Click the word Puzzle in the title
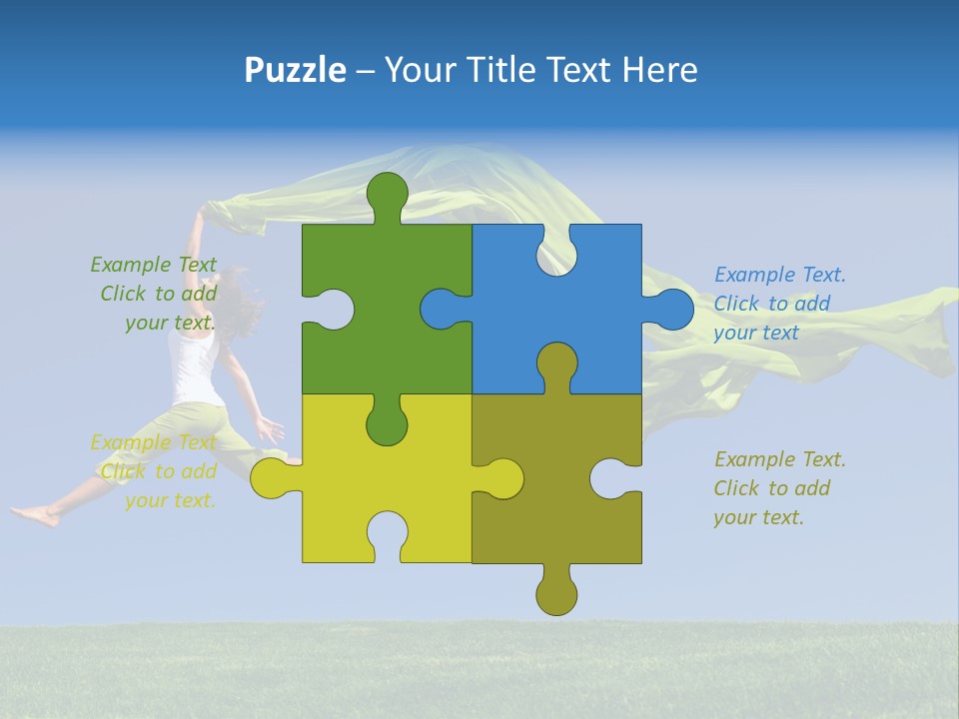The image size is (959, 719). tap(296, 70)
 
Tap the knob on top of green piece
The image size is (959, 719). tap(387, 196)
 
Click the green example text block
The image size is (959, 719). tap(155, 294)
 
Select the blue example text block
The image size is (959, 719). tap(778, 304)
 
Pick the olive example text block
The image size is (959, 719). tap(778, 488)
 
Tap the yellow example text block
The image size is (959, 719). tap(155, 471)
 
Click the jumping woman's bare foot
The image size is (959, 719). tap(35, 515)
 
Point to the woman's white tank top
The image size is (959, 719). tap(194, 365)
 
